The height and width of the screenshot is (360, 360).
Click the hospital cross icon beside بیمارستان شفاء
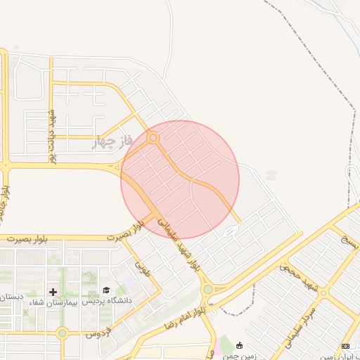point(53,291)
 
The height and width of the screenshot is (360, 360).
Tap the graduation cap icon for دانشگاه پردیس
point(106,290)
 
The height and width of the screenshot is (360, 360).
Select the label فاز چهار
point(112,143)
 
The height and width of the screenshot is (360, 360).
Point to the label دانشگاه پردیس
point(99,301)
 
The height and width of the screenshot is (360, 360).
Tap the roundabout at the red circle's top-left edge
point(153,138)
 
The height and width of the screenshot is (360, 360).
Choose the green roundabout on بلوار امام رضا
point(207,289)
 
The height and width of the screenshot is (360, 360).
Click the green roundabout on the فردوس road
point(62,333)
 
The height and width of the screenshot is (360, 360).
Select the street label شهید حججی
point(298,276)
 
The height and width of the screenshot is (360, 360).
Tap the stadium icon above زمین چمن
point(240,345)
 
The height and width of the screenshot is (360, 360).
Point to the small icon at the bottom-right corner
point(345,346)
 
